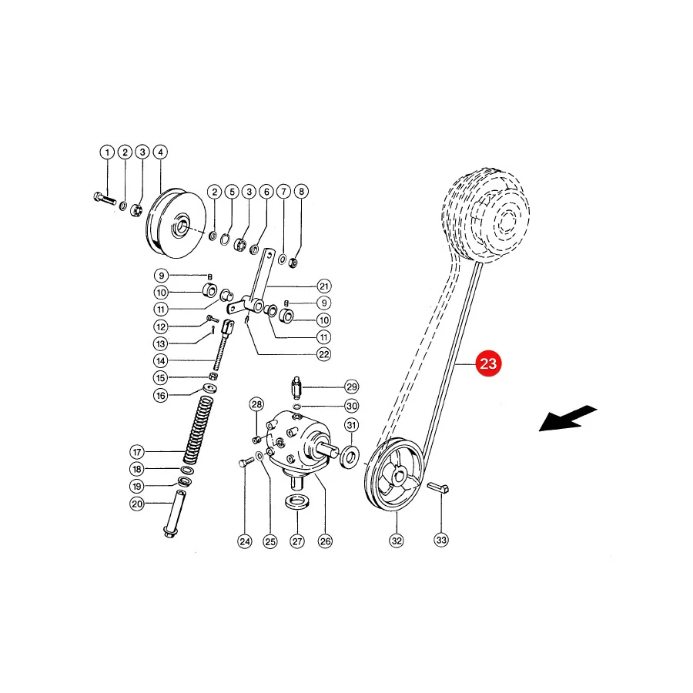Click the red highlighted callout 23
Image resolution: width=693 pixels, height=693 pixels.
(x=488, y=363)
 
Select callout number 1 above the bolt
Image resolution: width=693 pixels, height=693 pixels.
(x=107, y=152)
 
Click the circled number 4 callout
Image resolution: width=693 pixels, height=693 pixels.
(x=160, y=152)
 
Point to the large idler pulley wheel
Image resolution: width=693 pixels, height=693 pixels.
(x=176, y=223)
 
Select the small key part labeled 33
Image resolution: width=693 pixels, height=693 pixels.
(x=438, y=488)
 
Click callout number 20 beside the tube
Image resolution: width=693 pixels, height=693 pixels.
(x=137, y=504)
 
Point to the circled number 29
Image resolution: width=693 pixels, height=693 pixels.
(x=352, y=387)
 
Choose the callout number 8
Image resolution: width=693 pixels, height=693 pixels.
(x=301, y=192)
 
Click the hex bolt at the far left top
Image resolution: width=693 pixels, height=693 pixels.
(x=105, y=199)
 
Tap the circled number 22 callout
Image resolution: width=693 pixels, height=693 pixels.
(x=324, y=354)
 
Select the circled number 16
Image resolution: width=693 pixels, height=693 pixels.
(x=161, y=395)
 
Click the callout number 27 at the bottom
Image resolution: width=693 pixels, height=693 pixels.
(x=297, y=541)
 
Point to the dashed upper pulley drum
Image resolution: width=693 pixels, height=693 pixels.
(x=486, y=215)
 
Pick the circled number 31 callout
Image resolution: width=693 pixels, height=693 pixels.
(x=351, y=425)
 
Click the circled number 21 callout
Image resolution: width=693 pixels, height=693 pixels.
(x=324, y=286)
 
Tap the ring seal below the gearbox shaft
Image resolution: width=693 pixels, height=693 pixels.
(x=297, y=502)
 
